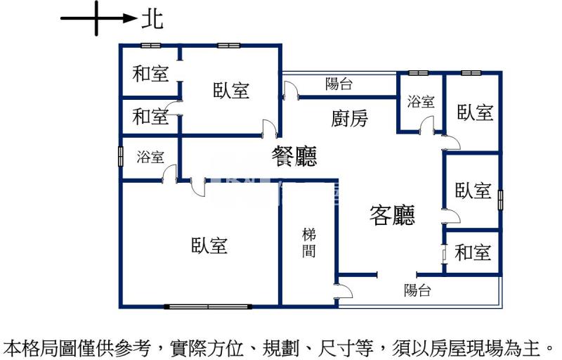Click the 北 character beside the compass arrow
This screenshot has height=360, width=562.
tap(152, 19)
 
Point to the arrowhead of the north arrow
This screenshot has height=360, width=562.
tap(130, 18)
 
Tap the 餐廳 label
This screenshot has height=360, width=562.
tap(294, 156)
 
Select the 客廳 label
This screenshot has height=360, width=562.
tap(392, 214)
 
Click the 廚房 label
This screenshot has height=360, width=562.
tap(349, 118)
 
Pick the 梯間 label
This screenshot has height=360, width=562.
tap(308, 243)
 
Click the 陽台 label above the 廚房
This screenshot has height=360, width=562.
tap(339, 84)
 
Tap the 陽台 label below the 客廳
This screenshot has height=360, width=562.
tap(417, 290)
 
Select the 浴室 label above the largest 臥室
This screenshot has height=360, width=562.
tap(150, 157)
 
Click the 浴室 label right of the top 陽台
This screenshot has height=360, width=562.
tap(421, 101)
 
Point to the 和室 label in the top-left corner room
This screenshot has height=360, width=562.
tap(150, 74)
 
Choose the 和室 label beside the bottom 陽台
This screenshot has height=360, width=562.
tap(472, 252)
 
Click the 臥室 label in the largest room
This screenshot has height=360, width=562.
tap(209, 245)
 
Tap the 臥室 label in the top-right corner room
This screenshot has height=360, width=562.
tap(475, 112)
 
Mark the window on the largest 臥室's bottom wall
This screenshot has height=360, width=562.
tap(208, 307)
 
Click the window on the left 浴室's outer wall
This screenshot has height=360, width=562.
tap(121, 157)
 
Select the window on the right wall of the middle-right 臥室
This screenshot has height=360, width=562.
tap(500, 200)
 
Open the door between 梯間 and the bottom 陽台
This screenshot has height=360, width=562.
tap(343, 291)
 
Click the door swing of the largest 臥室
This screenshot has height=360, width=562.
tap(198, 187)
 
